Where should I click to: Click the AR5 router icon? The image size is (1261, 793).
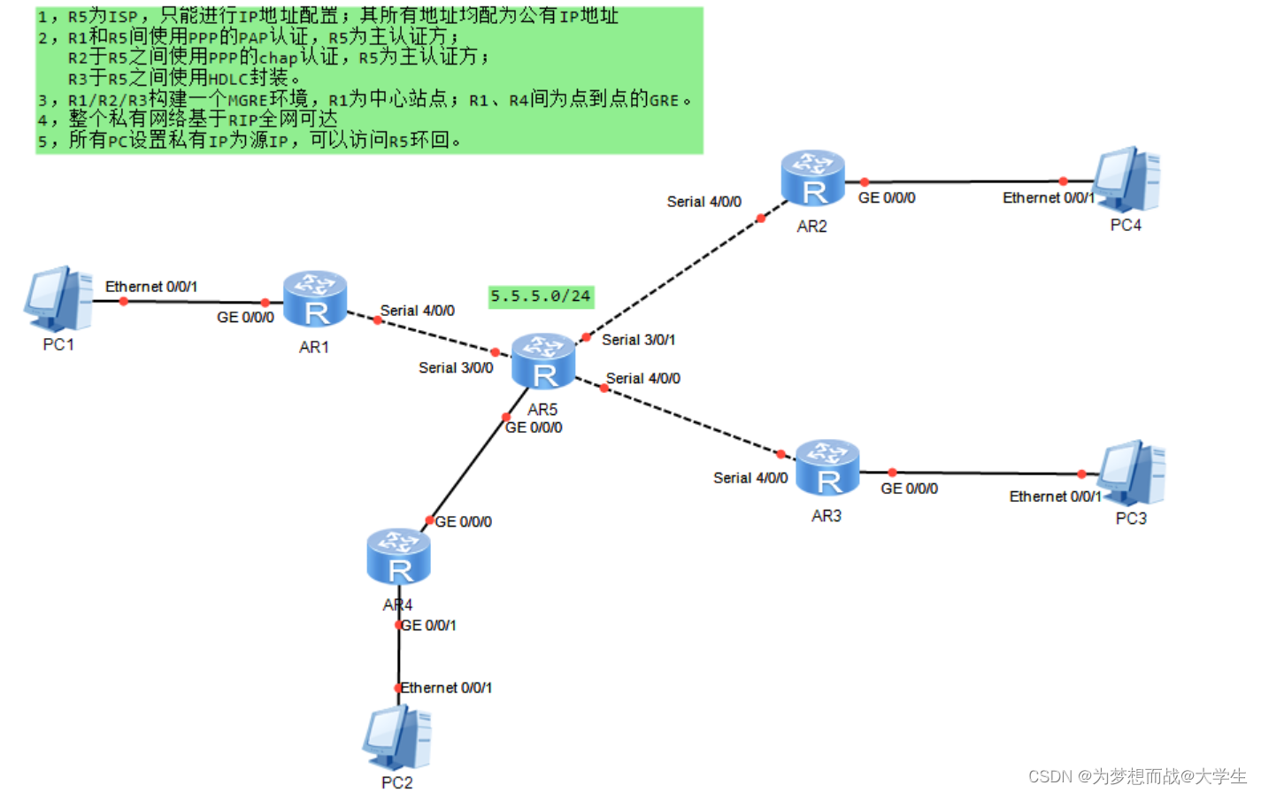(x=543, y=362)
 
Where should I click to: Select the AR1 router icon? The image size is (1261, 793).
(x=315, y=300)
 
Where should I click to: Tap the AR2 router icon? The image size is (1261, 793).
(x=812, y=179)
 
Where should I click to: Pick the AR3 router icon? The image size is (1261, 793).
(x=827, y=468)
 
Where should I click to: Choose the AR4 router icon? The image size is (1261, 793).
(x=398, y=558)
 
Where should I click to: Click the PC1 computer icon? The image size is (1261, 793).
(x=58, y=299)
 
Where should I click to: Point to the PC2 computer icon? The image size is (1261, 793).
(x=396, y=738)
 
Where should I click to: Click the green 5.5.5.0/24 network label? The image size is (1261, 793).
(x=541, y=296)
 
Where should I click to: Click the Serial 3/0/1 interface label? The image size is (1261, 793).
(x=638, y=340)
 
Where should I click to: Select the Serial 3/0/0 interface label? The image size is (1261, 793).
(x=456, y=367)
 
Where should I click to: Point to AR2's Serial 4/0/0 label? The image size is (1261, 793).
(x=704, y=202)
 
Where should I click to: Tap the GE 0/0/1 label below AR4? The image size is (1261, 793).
(x=429, y=626)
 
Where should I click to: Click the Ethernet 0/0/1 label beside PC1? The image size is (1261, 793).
(x=151, y=287)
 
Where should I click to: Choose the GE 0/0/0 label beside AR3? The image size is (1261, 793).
(x=909, y=489)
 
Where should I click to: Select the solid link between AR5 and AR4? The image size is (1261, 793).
(x=467, y=469)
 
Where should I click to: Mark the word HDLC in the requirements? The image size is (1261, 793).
(x=228, y=79)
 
